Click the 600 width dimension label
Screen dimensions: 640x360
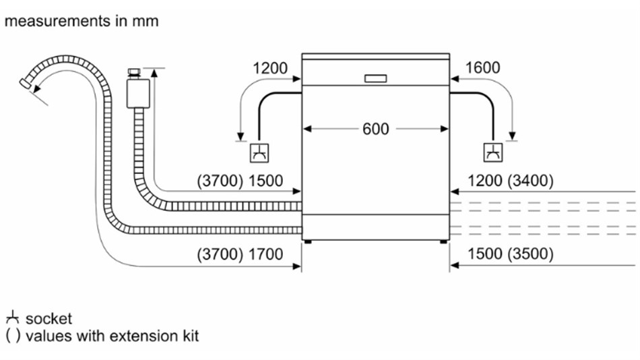click(x=375, y=129)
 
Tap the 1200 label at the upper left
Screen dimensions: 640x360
click(x=270, y=68)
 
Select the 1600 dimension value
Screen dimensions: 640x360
click(x=482, y=68)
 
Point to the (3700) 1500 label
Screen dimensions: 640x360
click(x=240, y=181)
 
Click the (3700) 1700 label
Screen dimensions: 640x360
click(x=240, y=254)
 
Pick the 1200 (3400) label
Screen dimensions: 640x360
click(x=511, y=181)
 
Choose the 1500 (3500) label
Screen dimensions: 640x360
click(x=511, y=253)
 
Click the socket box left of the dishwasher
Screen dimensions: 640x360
click(x=259, y=153)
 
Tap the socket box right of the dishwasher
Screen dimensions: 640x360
click(x=493, y=153)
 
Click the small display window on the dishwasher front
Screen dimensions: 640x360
click(x=375, y=79)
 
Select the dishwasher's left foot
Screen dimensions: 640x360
click(x=307, y=241)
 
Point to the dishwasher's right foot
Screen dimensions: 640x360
click(x=444, y=241)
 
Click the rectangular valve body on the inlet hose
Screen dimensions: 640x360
click(x=138, y=94)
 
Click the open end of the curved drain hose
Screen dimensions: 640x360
click(x=25, y=84)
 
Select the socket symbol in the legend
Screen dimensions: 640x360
click(x=13, y=318)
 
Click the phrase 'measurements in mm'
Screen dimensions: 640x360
click(x=82, y=21)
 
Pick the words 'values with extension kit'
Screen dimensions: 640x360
click(x=113, y=336)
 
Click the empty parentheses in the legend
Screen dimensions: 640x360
click(x=13, y=336)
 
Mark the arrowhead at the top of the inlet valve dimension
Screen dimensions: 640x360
click(x=154, y=73)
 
